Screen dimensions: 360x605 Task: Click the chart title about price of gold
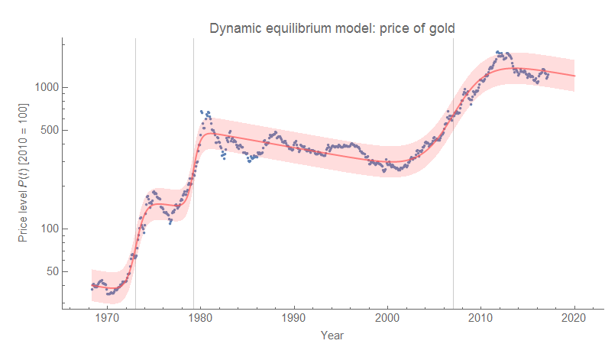click(332, 29)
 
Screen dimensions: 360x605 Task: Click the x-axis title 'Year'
click(332, 335)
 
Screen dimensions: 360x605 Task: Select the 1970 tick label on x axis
click(107, 319)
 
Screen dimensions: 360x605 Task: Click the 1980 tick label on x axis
click(201, 319)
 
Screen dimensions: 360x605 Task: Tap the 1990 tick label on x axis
click(294, 319)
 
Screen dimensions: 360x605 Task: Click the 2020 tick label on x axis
click(574, 319)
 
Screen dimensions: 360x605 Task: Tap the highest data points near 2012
click(499, 52)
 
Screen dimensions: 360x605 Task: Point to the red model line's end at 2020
click(574, 76)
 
